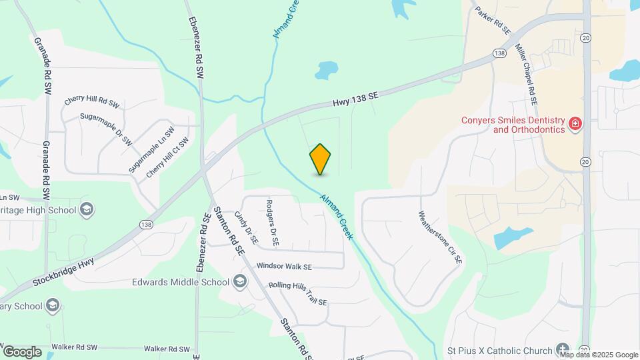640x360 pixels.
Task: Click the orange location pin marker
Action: [321, 159]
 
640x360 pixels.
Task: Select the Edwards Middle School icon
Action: [239, 282]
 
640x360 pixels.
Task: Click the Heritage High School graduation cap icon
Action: [86, 210]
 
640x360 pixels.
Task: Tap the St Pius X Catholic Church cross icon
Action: [563, 351]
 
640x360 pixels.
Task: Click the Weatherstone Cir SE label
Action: [440, 239]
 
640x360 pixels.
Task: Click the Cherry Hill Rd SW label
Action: [91, 101]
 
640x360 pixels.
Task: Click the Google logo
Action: [22, 351]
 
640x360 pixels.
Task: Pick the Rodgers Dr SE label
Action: [271, 223]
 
